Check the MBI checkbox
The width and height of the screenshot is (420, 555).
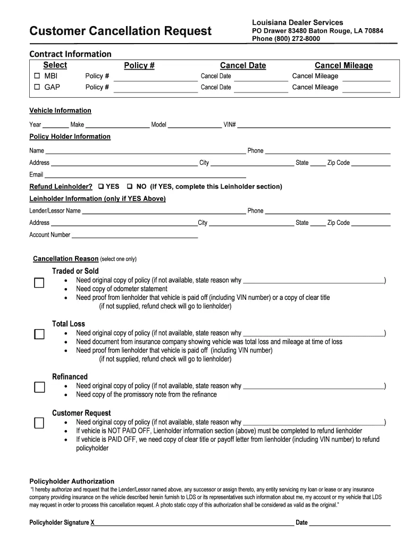37,76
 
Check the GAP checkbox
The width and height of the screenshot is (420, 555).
37,87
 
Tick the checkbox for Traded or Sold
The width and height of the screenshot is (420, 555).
39,283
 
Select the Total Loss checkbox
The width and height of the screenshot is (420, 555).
39,334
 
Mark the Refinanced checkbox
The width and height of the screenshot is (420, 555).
39,387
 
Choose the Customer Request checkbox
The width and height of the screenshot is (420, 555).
39,423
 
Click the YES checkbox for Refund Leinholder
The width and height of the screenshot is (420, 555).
100,187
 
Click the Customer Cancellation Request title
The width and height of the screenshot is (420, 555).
120,31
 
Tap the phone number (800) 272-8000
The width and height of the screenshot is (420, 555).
286,39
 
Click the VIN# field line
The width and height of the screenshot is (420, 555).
314,126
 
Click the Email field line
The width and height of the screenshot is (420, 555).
145,175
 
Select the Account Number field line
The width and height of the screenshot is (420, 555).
135,235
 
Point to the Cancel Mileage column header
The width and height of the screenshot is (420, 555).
343,65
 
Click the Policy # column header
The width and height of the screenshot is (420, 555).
139,65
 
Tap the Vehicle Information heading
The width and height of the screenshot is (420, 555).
60,111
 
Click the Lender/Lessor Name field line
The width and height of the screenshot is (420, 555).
164,211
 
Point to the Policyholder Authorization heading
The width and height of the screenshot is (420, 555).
72,481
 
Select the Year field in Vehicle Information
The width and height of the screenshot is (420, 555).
55,126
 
